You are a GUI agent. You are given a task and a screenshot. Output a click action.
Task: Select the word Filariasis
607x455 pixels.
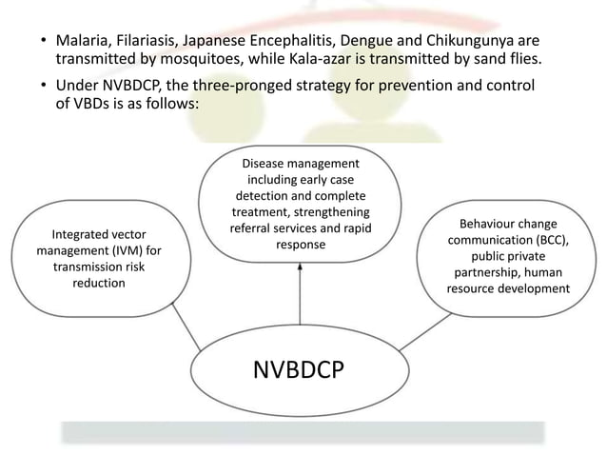click(x=150, y=41)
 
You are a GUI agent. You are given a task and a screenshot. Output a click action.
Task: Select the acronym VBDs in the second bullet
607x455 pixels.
click(x=86, y=107)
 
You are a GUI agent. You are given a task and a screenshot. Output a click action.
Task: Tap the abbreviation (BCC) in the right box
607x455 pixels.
click(x=547, y=240)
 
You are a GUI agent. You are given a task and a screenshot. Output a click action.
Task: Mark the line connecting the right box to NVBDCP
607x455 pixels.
click(x=414, y=333)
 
